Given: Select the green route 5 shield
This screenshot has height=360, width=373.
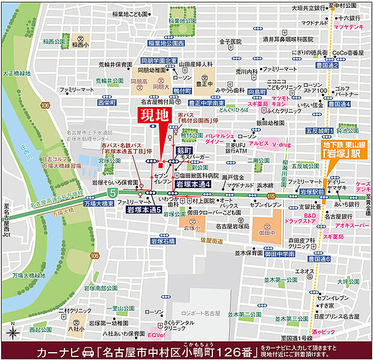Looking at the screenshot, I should coord(112,192).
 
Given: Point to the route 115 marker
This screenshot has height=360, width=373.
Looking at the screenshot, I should coord(271,197).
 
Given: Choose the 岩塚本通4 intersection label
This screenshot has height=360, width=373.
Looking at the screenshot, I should coord(193,185).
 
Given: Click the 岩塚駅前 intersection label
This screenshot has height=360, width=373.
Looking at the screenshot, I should coord(313,191).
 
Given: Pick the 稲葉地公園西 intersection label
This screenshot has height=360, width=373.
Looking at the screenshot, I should coord(167,44).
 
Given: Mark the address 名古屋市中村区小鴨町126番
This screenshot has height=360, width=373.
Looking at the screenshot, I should coord(178,350).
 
